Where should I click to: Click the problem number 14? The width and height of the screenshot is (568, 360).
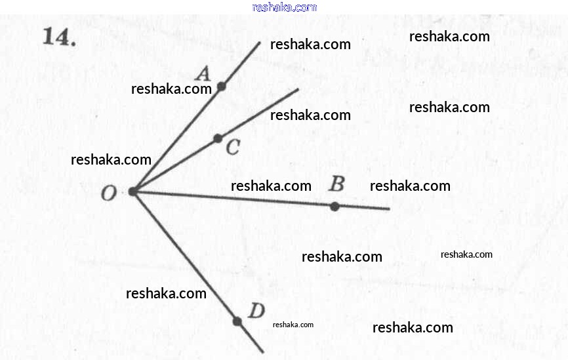click(x=60, y=37)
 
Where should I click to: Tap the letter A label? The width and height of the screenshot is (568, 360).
click(x=203, y=73)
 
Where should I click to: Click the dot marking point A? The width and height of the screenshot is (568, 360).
click(x=221, y=86)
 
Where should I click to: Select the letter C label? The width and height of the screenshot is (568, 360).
click(x=233, y=147)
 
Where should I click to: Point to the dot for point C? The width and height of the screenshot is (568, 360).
click(x=218, y=138)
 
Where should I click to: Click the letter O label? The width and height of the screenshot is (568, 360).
click(x=109, y=193)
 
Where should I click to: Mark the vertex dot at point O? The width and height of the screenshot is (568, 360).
click(x=133, y=191)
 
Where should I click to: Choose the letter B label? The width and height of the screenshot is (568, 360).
click(x=337, y=184)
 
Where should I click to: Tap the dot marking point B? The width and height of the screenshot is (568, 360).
click(x=335, y=207)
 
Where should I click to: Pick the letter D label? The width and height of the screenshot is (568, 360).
click(x=256, y=310)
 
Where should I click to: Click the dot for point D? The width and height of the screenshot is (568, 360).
click(x=237, y=321)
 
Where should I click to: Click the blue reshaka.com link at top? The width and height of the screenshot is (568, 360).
click(x=285, y=7)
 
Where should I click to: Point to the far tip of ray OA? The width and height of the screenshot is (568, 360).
click(x=260, y=43)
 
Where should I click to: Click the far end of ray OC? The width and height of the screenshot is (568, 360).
click(x=298, y=89)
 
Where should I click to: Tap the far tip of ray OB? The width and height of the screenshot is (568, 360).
click(x=390, y=209)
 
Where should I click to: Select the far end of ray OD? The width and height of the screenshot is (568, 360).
click(x=263, y=352)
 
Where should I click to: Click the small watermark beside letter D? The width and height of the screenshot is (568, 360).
click(x=293, y=325)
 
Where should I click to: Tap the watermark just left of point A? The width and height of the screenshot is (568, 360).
click(x=171, y=89)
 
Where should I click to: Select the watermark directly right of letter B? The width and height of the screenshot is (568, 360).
click(x=410, y=186)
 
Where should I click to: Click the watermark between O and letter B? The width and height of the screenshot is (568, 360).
click(x=271, y=186)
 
